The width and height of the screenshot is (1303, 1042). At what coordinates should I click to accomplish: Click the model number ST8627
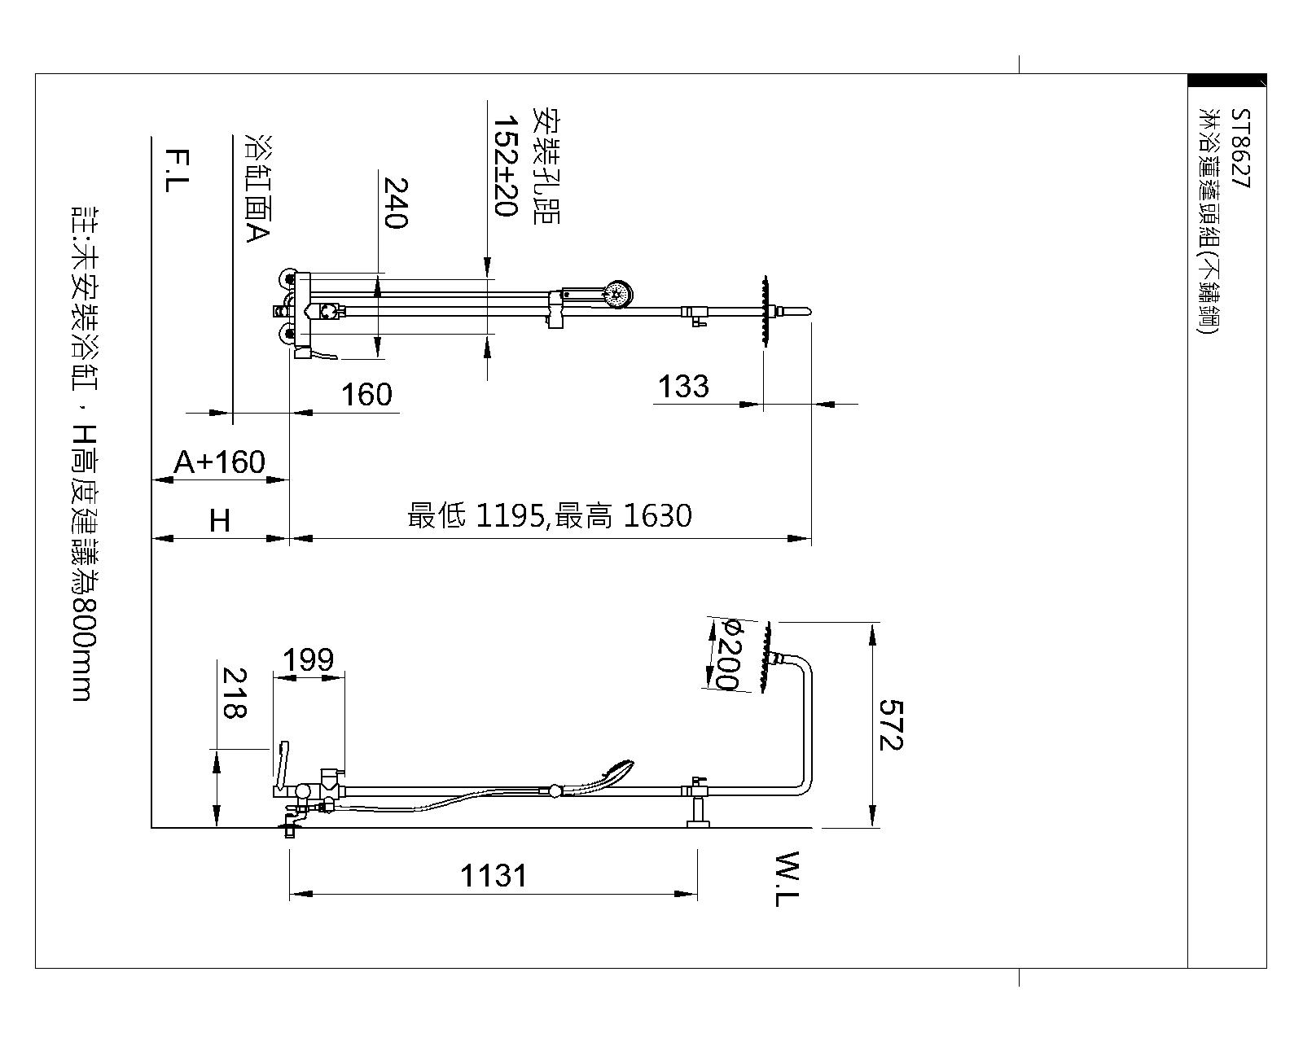point(1240,148)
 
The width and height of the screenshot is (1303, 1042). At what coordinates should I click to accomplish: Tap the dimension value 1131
point(494,876)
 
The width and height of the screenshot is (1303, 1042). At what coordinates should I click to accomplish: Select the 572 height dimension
point(891,725)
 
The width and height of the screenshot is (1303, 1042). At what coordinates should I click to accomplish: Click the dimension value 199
point(308,659)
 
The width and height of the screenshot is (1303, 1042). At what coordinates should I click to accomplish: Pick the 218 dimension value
point(235,694)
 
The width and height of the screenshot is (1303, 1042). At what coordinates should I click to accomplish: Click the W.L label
point(788,878)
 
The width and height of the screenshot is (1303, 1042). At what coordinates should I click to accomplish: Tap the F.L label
point(178,170)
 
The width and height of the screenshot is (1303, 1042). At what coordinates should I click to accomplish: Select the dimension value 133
point(683,387)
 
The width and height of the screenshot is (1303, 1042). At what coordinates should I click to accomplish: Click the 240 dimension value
point(396,203)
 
